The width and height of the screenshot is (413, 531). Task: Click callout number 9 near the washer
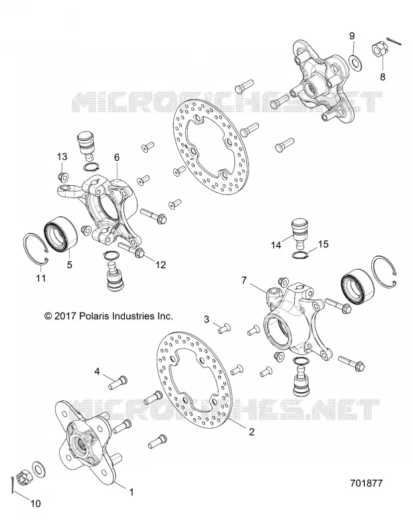point(352,36)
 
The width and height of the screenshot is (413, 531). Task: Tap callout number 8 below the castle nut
point(382,76)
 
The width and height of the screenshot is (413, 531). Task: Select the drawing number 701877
point(366,483)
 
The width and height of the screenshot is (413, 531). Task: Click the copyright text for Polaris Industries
point(109,316)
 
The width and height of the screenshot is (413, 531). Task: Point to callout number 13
point(62,157)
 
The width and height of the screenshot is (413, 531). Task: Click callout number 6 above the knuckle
point(117,157)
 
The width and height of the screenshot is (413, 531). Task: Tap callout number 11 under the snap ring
point(41,278)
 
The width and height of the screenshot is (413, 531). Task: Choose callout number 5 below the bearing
point(70,264)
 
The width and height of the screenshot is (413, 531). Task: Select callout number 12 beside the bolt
point(161,264)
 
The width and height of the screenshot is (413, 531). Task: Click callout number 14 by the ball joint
point(276,245)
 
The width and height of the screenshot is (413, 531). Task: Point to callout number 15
point(323,244)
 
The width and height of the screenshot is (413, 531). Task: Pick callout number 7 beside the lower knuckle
point(244,280)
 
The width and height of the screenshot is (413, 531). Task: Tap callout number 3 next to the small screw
point(206,319)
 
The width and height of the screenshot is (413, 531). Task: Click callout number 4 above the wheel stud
point(97,372)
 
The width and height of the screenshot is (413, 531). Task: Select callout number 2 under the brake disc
point(252,431)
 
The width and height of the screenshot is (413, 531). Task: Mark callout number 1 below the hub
point(131,492)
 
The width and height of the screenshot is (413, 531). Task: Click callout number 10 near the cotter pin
point(36,503)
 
